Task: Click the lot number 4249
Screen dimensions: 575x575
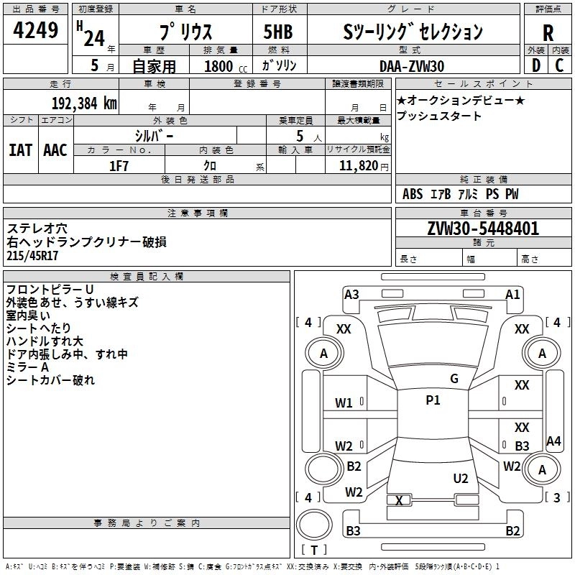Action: [x=35, y=29]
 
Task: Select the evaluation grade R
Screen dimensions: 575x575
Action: [x=548, y=33]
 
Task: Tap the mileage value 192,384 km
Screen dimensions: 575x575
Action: [x=84, y=103]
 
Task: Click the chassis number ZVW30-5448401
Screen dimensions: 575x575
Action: [x=483, y=229]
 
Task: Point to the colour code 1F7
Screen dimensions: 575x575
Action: [x=119, y=166]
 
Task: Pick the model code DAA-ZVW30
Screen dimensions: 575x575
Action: [x=412, y=66]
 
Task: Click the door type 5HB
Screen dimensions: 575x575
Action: [x=278, y=32]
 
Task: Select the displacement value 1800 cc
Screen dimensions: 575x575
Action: [x=226, y=66]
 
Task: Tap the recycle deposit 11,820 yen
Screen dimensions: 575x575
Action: [x=364, y=166]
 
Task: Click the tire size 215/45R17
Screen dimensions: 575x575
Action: [x=32, y=256]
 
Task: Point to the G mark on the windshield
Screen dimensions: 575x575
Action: [x=454, y=379]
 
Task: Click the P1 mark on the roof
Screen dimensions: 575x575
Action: [x=433, y=400]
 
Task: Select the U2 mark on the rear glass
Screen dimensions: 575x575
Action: [x=461, y=479]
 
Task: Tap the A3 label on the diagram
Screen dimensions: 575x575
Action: [x=351, y=295]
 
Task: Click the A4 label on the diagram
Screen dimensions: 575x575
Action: [x=553, y=441]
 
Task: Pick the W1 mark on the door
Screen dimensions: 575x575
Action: [x=344, y=403]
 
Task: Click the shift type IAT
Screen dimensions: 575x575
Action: [x=21, y=150]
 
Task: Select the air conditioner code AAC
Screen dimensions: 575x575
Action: [x=55, y=150]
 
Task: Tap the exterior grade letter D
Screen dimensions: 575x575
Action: [x=536, y=65]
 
